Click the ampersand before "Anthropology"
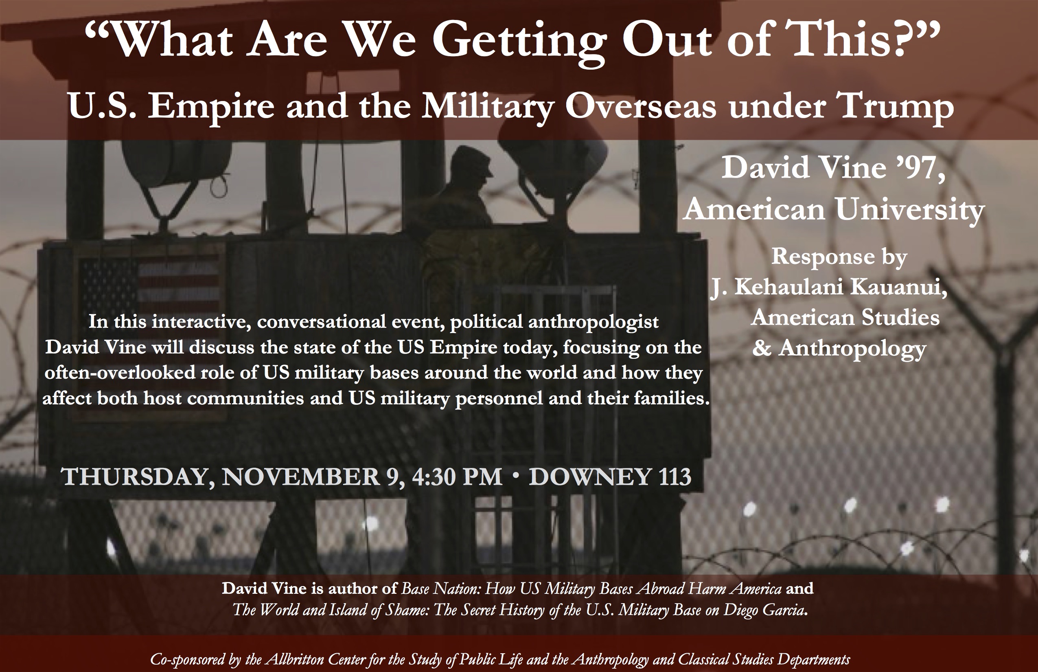click(762, 348)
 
